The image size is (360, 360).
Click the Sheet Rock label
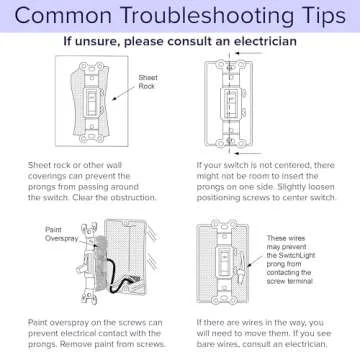148,82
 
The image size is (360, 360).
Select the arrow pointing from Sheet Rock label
124,94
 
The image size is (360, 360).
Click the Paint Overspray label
62,234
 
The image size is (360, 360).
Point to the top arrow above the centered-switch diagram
249,53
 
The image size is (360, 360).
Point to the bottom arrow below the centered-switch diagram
249,153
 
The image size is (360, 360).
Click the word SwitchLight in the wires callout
291,256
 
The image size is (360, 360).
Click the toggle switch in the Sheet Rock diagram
91,103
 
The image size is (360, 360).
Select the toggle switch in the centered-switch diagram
229,103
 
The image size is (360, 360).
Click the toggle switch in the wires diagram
223,261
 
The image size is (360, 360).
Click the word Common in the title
63,15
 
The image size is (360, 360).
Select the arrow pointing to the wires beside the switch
255,261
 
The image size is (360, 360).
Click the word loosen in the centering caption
321,187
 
